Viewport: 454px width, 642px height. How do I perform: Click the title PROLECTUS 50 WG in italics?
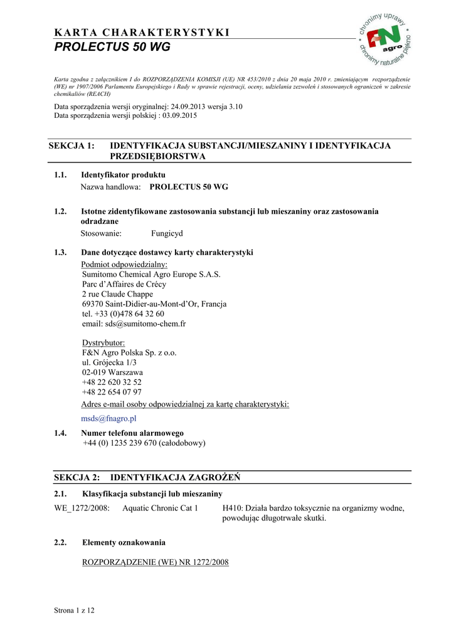tap(112, 48)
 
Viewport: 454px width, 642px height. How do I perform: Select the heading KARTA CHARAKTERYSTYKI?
tap(142, 33)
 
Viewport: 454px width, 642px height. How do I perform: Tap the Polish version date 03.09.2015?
tap(178, 116)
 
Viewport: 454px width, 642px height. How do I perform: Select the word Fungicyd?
tap(167, 233)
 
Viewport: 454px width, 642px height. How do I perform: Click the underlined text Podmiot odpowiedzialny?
tap(120, 265)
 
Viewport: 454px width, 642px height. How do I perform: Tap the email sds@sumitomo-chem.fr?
tap(134, 324)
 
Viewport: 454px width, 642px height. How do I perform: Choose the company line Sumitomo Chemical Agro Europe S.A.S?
tap(151, 274)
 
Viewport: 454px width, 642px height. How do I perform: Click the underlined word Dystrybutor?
tap(103, 343)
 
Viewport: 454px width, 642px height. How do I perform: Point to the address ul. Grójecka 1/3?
tap(110, 362)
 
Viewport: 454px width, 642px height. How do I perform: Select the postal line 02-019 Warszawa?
tap(112, 372)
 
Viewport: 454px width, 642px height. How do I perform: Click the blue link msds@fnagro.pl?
tap(108, 418)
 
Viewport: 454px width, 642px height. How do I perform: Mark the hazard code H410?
tap(233, 508)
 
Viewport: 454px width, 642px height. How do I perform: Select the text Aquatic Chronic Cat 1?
tap(160, 508)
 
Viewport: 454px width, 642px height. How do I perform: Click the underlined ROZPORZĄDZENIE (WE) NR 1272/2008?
tap(156, 562)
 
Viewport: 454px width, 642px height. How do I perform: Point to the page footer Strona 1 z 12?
tap(75, 610)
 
